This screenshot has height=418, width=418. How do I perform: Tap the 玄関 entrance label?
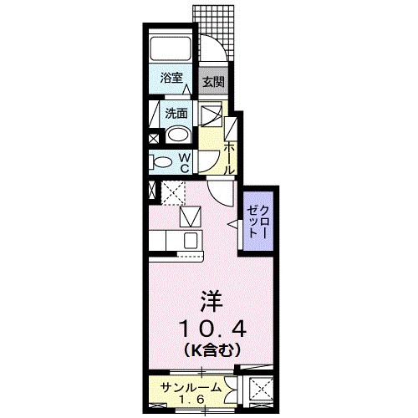point(213,82)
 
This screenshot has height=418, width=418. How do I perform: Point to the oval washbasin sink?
point(178,135)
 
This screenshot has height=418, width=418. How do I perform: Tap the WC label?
point(186,162)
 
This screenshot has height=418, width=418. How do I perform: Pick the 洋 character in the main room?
point(210,298)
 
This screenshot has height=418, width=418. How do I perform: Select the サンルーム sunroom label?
point(191,387)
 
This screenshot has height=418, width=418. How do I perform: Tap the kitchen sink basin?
point(190,241)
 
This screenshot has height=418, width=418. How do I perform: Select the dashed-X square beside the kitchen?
point(172,191)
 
